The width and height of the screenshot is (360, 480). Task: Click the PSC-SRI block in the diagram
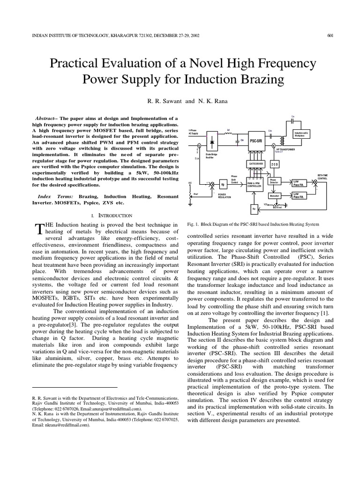(x=255, y=140)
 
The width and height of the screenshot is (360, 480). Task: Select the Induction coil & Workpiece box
(x=300, y=134)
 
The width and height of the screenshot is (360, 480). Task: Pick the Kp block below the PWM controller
(x=254, y=209)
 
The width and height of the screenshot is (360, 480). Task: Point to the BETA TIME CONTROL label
(x=322, y=177)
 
